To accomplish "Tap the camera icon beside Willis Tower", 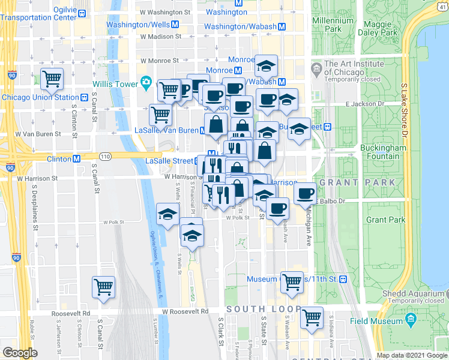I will pyautogui.click(x=146, y=82).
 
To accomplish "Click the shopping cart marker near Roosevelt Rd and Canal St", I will pyautogui.click(x=103, y=287).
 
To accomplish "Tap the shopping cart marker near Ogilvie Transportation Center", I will pyautogui.click(x=52, y=78).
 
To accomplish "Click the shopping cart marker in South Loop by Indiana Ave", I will pyautogui.click(x=312, y=317).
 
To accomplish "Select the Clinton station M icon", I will pyautogui.click(x=77, y=159).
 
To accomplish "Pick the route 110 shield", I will pyautogui.click(x=106, y=157).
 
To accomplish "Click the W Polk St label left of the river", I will pyautogui.click(x=113, y=222).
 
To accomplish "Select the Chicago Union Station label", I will pyautogui.click(x=40, y=97).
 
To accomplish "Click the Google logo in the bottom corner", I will pyautogui.click(x=20, y=353).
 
